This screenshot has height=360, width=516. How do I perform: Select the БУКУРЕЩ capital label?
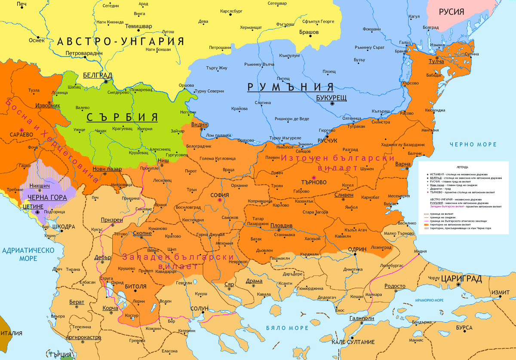coord(331,98)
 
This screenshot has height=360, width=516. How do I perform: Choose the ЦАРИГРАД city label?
coord(462,279)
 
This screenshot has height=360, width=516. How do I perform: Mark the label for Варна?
coord(403,164)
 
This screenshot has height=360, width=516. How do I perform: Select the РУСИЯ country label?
coord(451,12)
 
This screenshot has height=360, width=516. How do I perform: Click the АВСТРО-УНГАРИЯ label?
coord(121,42)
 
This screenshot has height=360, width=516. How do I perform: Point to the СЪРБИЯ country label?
coord(122,117)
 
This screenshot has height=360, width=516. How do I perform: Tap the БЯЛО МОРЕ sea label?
coord(288,328)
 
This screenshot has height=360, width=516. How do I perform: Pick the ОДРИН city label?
coord(356,249)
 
